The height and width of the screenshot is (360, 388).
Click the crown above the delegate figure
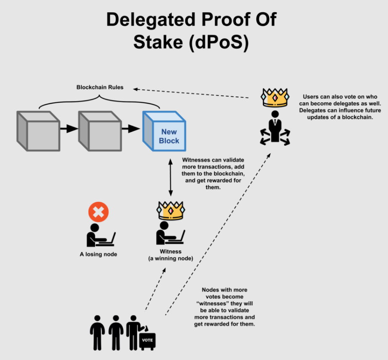click(x=274, y=98)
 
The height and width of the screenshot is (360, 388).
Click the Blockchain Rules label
click(x=100, y=87)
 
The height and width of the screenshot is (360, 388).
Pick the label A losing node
click(x=98, y=254)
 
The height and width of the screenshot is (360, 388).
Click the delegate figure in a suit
click(x=274, y=128)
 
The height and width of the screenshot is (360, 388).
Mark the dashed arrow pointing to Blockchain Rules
click(x=194, y=93)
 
